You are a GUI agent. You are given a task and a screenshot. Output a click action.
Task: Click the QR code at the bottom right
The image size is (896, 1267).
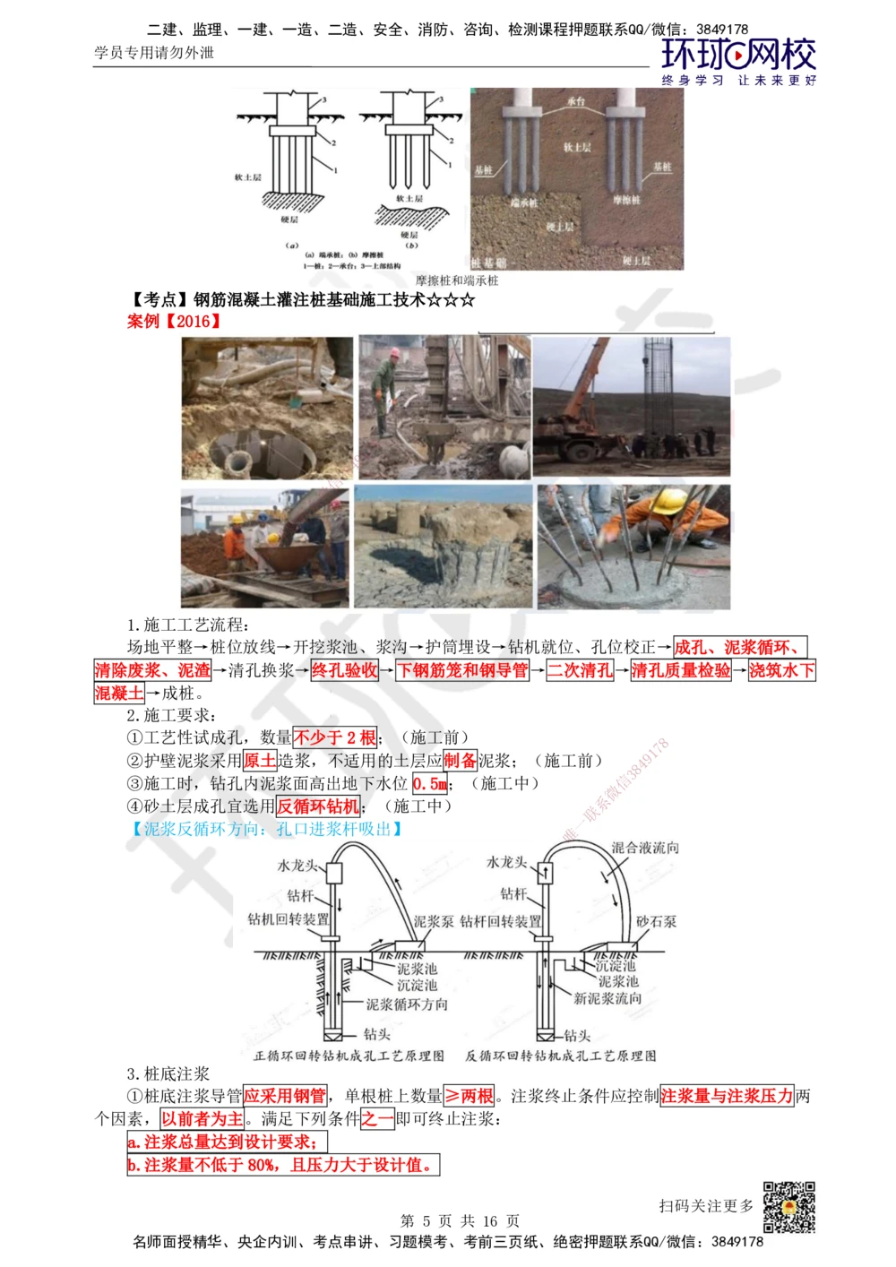[788, 1206]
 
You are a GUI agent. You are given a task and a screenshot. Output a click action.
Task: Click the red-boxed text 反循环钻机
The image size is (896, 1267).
[318, 806]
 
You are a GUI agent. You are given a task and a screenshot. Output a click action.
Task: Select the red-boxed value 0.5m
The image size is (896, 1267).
[430, 784]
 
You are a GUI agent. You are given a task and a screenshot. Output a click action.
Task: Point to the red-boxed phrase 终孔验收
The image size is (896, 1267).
[345, 670]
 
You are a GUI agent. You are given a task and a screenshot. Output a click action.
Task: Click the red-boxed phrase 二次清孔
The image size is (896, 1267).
[581, 670]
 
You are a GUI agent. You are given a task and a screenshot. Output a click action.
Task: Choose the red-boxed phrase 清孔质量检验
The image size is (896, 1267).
[681, 670]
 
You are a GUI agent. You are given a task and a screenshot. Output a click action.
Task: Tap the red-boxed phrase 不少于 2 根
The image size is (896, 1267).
[335, 737]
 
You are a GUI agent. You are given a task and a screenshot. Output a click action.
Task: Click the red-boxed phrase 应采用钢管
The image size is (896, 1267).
[285, 1096]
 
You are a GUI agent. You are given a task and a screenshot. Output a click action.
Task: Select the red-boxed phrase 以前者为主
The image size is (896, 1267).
[202, 1119]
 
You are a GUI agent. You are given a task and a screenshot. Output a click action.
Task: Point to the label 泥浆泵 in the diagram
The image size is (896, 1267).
[434, 921]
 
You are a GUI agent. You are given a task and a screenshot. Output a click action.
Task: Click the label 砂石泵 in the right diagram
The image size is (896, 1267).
[656, 921]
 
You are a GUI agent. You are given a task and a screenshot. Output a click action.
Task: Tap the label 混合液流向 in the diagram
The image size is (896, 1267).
[645, 848]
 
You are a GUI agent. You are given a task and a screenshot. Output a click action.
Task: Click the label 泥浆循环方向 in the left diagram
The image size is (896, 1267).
[407, 1004]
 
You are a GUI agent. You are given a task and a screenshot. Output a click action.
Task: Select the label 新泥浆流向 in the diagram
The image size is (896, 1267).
[607, 998]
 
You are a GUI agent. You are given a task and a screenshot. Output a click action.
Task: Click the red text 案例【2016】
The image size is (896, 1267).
[174, 321]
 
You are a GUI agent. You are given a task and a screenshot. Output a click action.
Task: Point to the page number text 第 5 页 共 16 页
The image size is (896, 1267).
[460, 1220]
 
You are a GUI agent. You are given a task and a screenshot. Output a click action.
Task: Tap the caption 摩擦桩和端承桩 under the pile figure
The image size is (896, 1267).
[457, 280]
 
